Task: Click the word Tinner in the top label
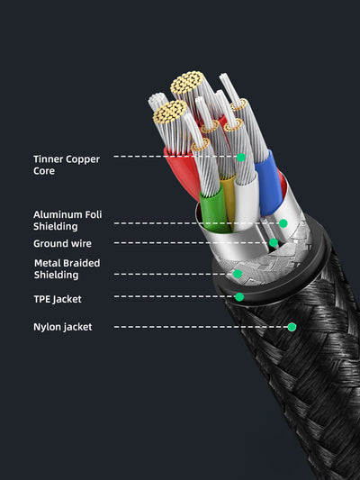pos(49,159)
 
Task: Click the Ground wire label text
pos(62,243)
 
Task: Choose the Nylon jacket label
pos(62,327)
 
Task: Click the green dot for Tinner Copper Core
pos(241,157)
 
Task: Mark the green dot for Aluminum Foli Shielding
pos(283,223)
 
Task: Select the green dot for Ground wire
pos(273,243)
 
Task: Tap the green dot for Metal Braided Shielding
pos(238,274)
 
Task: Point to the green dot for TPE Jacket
pos(239,296)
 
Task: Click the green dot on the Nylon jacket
pos(292,327)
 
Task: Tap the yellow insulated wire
pos(228,203)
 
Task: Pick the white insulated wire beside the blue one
pos(246,194)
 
